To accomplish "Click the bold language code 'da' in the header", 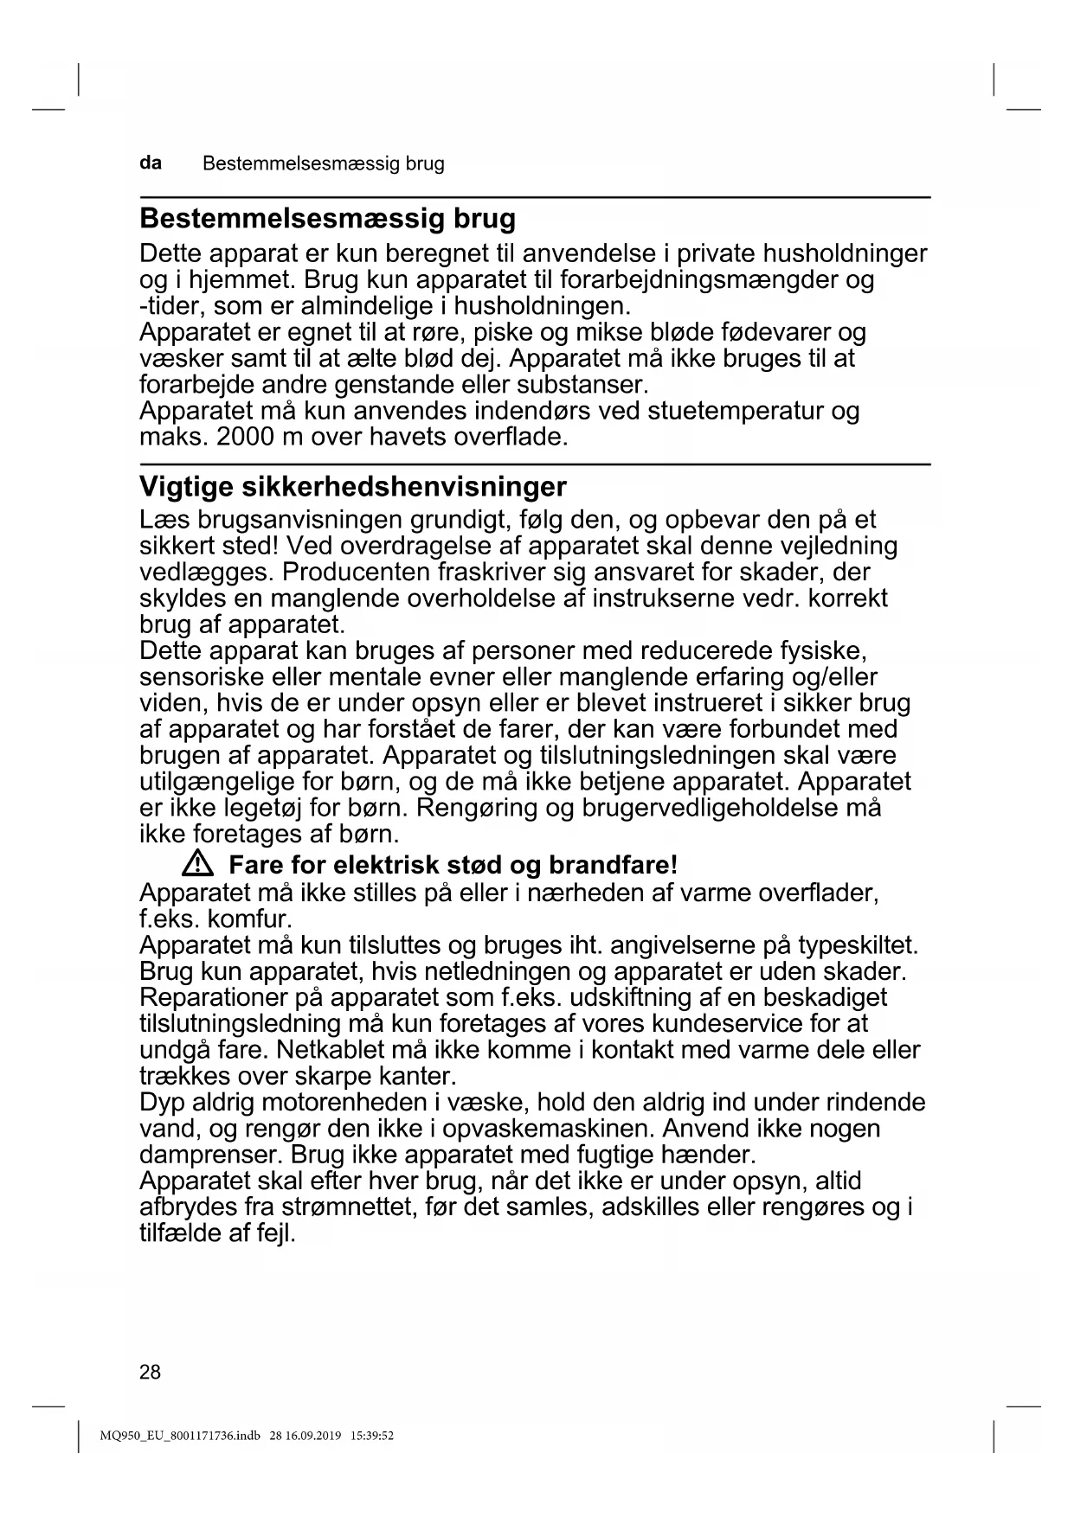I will point(151,163).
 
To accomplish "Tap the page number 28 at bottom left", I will point(150,1372).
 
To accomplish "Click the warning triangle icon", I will point(198,863).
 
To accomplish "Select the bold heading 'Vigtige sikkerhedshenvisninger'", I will point(353,486).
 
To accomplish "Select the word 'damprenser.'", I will point(211,1155).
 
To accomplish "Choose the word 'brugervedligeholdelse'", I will point(710,809).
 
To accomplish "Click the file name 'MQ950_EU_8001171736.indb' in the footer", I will point(179,1437).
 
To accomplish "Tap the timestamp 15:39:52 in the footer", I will point(372,1437).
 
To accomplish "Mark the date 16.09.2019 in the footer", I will point(315,1437).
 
